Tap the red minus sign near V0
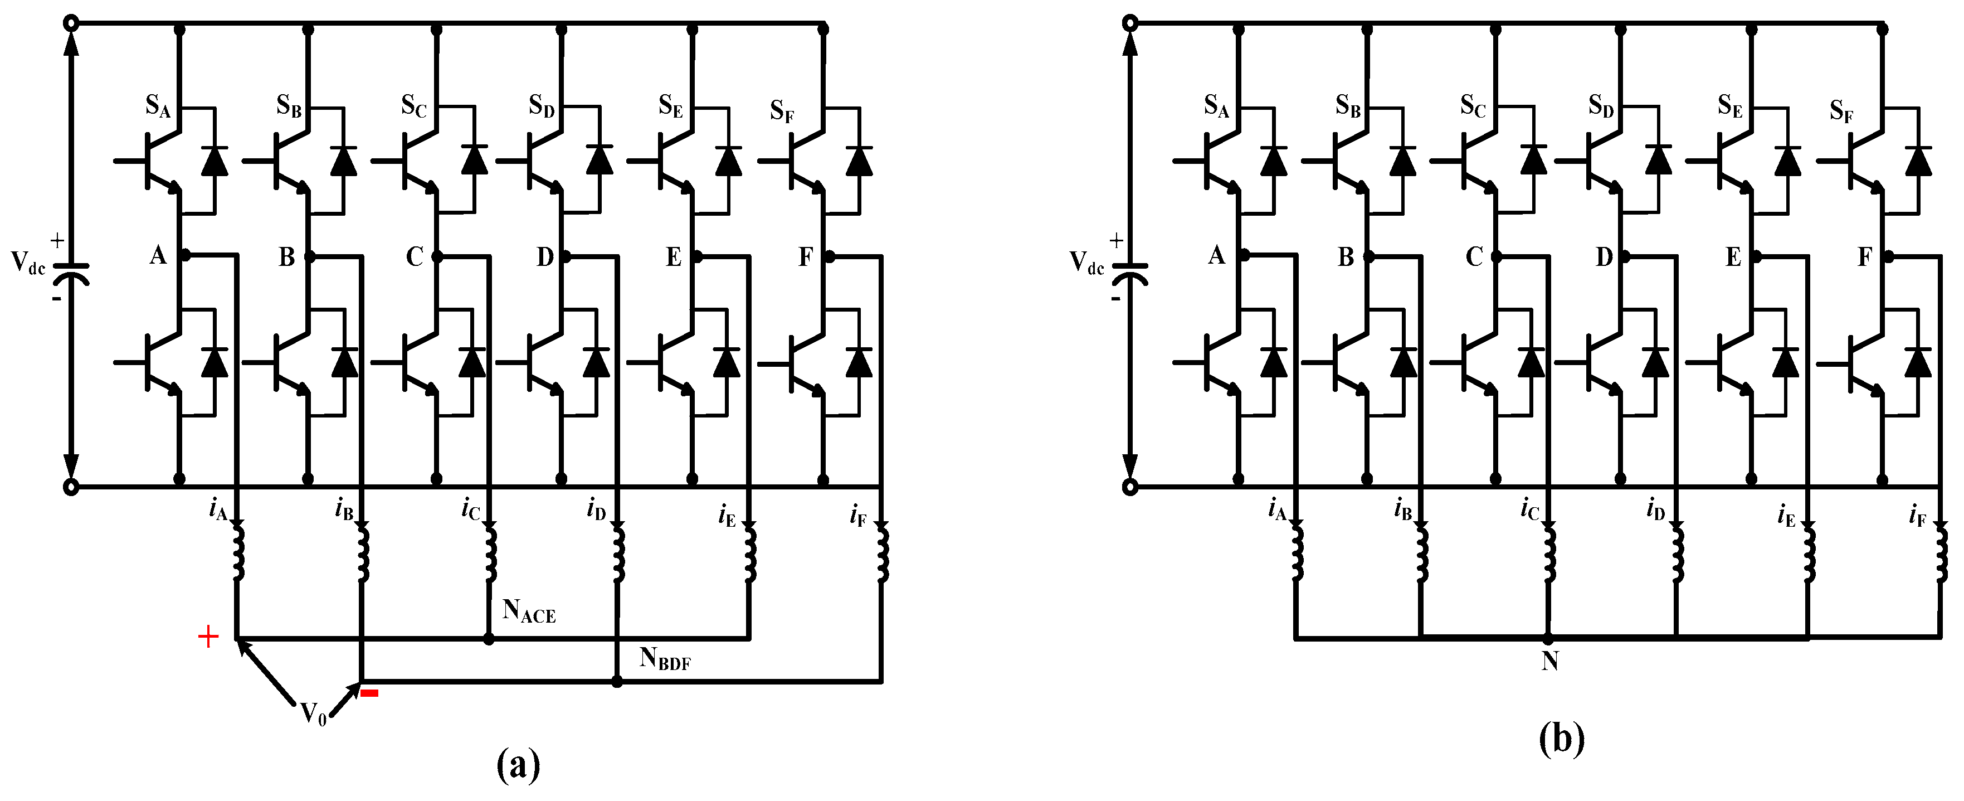[370, 693]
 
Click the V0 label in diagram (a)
[313, 715]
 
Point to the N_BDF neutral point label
[665, 658]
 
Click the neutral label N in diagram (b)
[1549, 661]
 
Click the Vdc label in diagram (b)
[1086, 263]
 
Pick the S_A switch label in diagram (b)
[1217, 107]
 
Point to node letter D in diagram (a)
[545, 257]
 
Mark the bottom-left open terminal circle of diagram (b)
[1130, 487]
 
